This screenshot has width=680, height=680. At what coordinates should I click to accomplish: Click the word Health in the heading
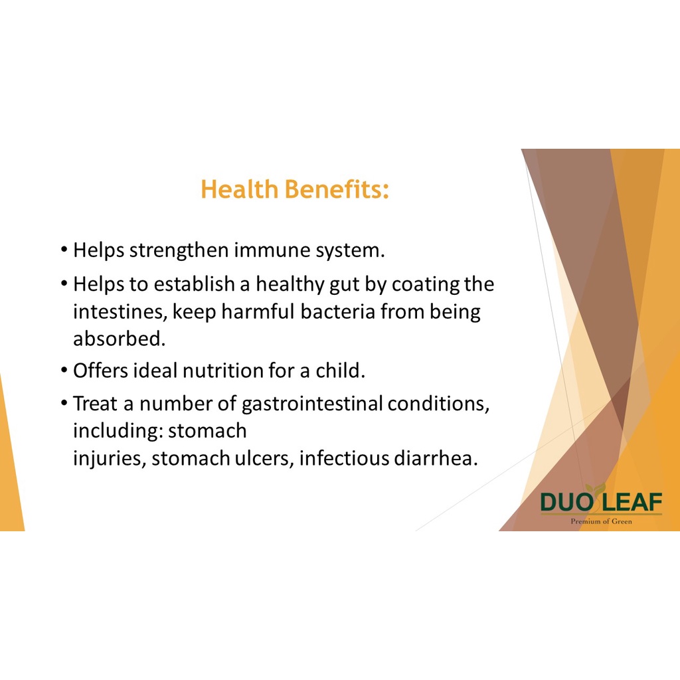[x=239, y=189]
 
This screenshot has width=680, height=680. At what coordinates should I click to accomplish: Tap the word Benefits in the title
[x=336, y=189]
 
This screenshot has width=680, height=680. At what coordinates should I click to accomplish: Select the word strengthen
[x=179, y=250]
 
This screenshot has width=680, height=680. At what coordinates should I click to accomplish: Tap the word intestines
[x=120, y=312]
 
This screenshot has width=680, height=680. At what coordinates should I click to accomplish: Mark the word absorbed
[x=120, y=339]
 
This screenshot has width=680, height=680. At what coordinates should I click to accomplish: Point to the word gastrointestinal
[x=311, y=404]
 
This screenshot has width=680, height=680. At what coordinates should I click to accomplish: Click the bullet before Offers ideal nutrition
[x=64, y=371]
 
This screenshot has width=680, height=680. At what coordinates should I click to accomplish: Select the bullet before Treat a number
[x=64, y=404]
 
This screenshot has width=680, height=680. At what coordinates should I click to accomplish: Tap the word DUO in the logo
[x=566, y=503]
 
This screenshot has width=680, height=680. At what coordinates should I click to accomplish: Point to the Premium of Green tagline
[x=601, y=521]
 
